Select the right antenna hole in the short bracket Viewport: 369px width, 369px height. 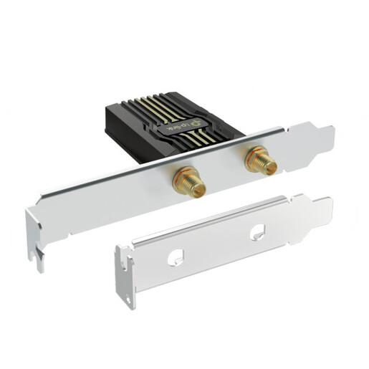coord(256,232)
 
